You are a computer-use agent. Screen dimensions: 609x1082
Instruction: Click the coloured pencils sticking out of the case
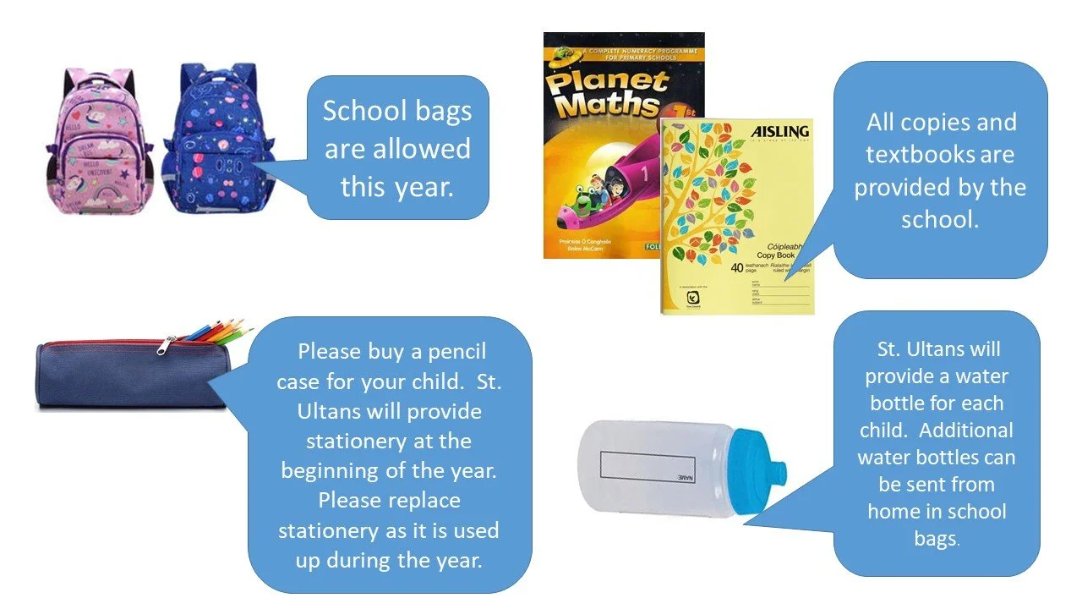click(220, 332)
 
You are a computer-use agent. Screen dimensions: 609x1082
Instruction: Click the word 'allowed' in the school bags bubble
click(421, 149)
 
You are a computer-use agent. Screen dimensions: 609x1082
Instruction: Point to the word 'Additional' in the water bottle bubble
click(965, 430)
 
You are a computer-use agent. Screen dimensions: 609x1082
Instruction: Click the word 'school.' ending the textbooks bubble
click(939, 219)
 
